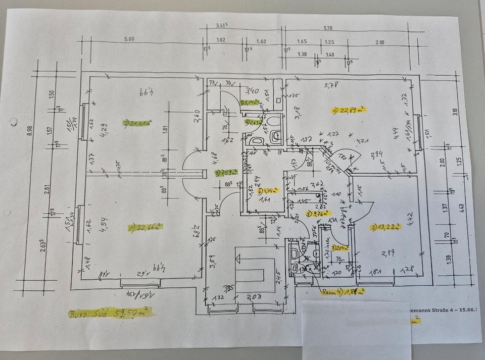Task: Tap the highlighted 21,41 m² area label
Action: tap(138, 122)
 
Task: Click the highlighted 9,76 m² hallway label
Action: tap(317, 213)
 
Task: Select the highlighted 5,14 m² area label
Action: tap(250, 102)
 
